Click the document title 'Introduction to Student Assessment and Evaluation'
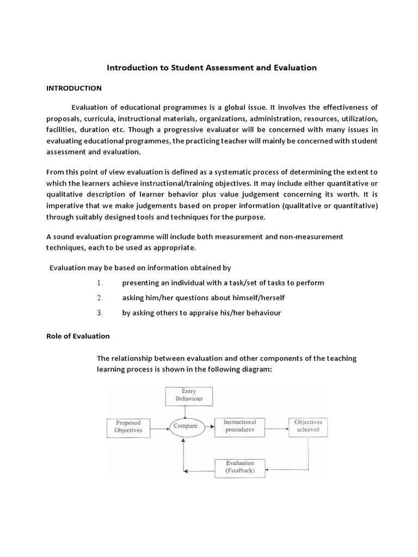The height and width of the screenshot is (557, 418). [x=212, y=68]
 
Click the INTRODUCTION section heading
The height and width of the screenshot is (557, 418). [x=73, y=88]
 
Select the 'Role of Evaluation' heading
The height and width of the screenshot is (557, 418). [x=78, y=336]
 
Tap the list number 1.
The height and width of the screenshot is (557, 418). [x=100, y=283]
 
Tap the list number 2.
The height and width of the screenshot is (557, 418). [x=100, y=298]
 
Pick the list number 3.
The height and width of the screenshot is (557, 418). [x=100, y=313]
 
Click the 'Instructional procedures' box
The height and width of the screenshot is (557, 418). [x=240, y=426]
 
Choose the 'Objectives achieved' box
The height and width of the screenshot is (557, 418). [x=308, y=426]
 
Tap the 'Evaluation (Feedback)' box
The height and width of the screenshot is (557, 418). [x=240, y=467]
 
